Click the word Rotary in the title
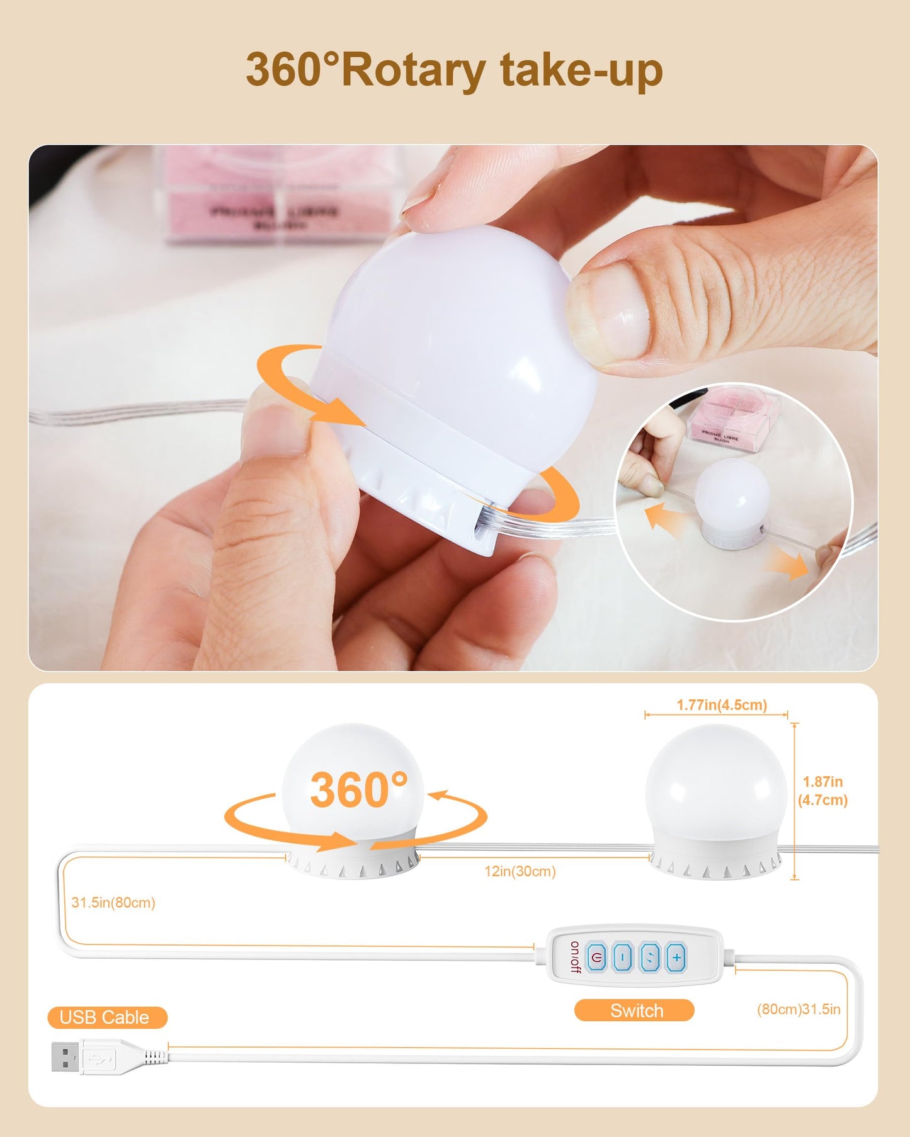coord(413,71)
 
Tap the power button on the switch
coord(596,958)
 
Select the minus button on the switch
coord(623,958)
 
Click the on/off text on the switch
coord(574,957)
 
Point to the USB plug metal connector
coord(65,1056)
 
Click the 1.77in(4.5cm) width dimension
coord(722,705)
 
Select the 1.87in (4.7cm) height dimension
coord(822,791)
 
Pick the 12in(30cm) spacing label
coord(520,871)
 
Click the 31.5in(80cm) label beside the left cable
coord(113,902)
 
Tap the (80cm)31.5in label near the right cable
coord(799,1009)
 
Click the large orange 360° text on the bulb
coord(358,790)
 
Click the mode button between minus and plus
coord(650,958)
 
